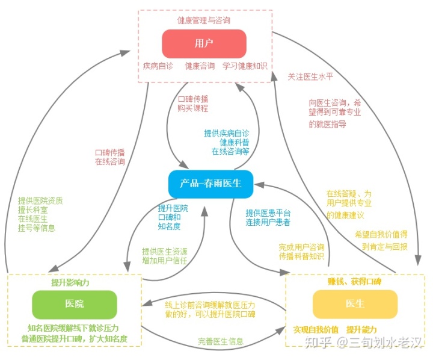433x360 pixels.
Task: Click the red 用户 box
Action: tap(204, 43)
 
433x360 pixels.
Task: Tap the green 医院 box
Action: tap(75, 304)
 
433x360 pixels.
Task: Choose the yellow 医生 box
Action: tap(355, 304)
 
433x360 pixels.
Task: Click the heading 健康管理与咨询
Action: tap(203, 20)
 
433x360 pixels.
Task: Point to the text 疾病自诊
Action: tap(158, 66)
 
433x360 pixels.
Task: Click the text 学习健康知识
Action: tap(244, 66)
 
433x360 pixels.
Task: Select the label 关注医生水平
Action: tap(311, 76)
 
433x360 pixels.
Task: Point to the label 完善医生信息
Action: tap(221, 341)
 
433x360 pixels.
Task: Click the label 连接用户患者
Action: tap(268, 223)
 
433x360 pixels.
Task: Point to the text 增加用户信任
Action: tap(165, 261)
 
